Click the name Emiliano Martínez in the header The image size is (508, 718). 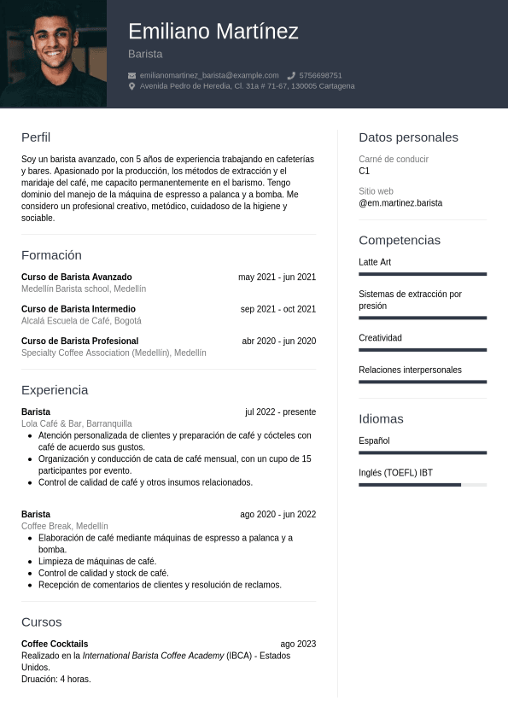[x=213, y=32]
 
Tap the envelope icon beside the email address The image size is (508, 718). [x=132, y=75]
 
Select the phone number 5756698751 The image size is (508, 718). [x=320, y=75]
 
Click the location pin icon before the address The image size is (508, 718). [x=132, y=86]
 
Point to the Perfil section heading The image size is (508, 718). [x=36, y=137]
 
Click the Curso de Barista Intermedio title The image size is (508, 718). [x=79, y=309]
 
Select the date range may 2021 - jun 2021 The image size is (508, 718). [x=277, y=277]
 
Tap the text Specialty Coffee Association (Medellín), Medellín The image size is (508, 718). [x=114, y=353]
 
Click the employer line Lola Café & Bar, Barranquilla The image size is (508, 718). [x=77, y=423]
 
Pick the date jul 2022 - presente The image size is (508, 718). [x=280, y=412]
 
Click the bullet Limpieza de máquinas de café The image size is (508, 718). [x=97, y=561]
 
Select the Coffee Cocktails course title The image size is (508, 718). [x=55, y=644]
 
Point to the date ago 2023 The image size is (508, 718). [x=298, y=644]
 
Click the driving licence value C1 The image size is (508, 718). [x=365, y=171]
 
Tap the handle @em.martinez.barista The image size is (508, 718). [x=400, y=203]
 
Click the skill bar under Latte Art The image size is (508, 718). [x=423, y=274]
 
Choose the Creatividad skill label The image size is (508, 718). [x=380, y=338]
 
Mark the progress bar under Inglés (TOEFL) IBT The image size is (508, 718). [x=423, y=485]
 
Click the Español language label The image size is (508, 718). [x=374, y=441]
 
